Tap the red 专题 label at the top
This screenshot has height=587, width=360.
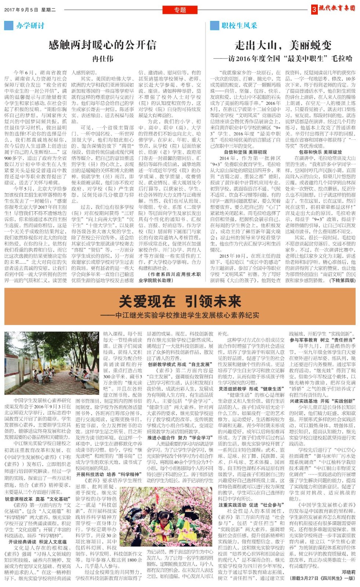point(180,10)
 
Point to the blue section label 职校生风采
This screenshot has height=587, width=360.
point(239,26)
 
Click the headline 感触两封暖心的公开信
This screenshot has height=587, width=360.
point(102,45)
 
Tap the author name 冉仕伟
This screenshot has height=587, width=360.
point(103,59)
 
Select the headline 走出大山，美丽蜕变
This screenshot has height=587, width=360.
point(283,45)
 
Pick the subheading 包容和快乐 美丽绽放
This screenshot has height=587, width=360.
point(320,152)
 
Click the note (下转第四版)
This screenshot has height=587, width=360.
point(342,280)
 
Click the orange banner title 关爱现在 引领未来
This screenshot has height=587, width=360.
point(180,302)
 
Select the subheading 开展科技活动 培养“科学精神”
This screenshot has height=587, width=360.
point(109,474)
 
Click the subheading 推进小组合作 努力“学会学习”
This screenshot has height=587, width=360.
point(180,438)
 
